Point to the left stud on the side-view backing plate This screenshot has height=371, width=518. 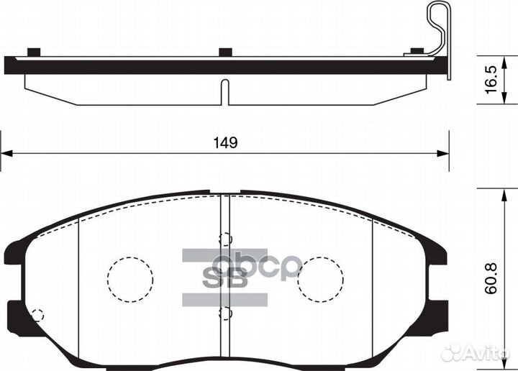pyautogui.click(x=32, y=51)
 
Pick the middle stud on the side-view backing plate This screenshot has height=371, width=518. pyautogui.click(x=225, y=51)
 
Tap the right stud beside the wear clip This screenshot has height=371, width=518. pyautogui.click(x=415, y=51)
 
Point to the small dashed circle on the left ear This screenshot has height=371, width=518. pyautogui.click(x=38, y=313)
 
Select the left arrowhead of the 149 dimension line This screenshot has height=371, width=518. pyautogui.click(x=6, y=152)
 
